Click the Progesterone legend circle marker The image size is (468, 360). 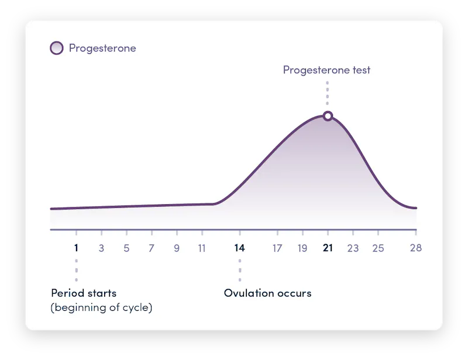(57, 48)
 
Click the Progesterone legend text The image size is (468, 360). (102, 48)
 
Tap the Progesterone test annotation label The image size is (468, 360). (326, 70)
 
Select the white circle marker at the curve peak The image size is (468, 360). (328, 116)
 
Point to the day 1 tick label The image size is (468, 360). (76, 248)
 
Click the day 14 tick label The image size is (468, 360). (239, 248)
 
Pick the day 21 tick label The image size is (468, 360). (328, 248)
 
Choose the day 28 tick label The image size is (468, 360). (416, 248)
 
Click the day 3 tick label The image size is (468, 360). (101, 248)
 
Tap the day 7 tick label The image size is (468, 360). (152, 248)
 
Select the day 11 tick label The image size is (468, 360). (202, 248)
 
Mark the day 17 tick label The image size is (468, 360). (277, 248)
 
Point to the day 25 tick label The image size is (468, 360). (378, 248)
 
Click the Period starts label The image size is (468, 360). (84, 293)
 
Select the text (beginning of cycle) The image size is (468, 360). (102, 307)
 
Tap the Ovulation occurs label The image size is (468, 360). (268, 293)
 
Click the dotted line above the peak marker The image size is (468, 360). (328, 94)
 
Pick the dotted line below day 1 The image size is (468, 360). (76, 270)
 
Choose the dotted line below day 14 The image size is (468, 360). (239, 270)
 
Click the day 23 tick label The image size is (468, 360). (353, 248)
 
